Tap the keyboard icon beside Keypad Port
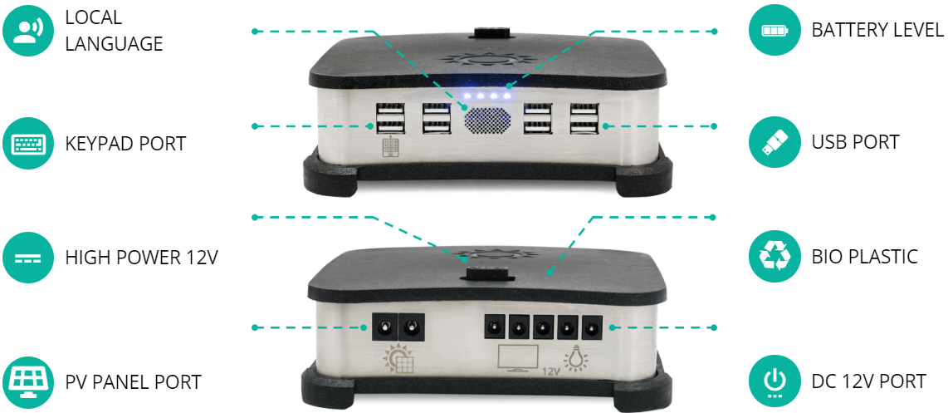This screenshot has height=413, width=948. point(27,144)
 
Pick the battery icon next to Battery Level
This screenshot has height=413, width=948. point(774,30)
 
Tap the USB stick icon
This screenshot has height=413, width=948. point(774,143)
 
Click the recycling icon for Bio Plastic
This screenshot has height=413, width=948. point(774,257)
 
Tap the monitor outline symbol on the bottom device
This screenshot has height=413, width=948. point(518,358)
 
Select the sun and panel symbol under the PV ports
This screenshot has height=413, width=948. point(398,358)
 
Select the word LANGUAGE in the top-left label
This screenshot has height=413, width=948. point(115,43)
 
